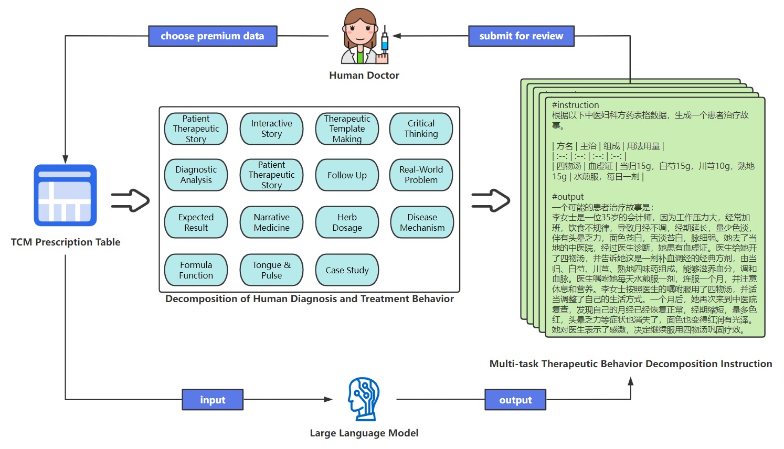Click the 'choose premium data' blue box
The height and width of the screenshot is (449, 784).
pos(213,36)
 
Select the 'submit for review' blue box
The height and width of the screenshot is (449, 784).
pos(521,36)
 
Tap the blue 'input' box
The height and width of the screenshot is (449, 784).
pos(213,400)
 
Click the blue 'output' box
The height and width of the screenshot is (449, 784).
pos(515,400)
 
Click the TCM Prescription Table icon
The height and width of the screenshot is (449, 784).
pos(66,196)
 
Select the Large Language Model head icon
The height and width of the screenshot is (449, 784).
pos(364,399)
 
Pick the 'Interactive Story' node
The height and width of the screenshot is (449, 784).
pos(271,129)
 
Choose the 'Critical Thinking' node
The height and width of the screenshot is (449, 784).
pos(421,129)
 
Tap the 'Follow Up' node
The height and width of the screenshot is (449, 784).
pos(347,175)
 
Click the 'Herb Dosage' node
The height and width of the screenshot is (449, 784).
pos(347,222)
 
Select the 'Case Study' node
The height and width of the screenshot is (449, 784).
pos(347,270)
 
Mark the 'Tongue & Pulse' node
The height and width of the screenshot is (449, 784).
pos(271,270)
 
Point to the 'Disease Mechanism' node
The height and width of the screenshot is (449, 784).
pos(422,222)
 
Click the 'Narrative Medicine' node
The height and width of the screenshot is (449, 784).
pos(271,222)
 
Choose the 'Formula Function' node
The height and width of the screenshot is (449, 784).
pos(196,270)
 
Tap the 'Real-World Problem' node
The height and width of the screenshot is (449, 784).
pos(421,175)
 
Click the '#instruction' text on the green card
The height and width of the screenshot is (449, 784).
pos(575,105)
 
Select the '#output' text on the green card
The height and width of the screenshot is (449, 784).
pos(568,197)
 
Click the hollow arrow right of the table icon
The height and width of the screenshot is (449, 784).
pos(130,200)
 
